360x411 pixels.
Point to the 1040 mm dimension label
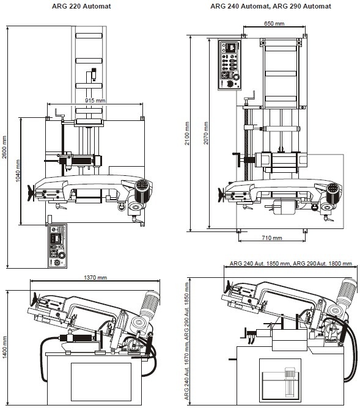(x=19, y=171)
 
